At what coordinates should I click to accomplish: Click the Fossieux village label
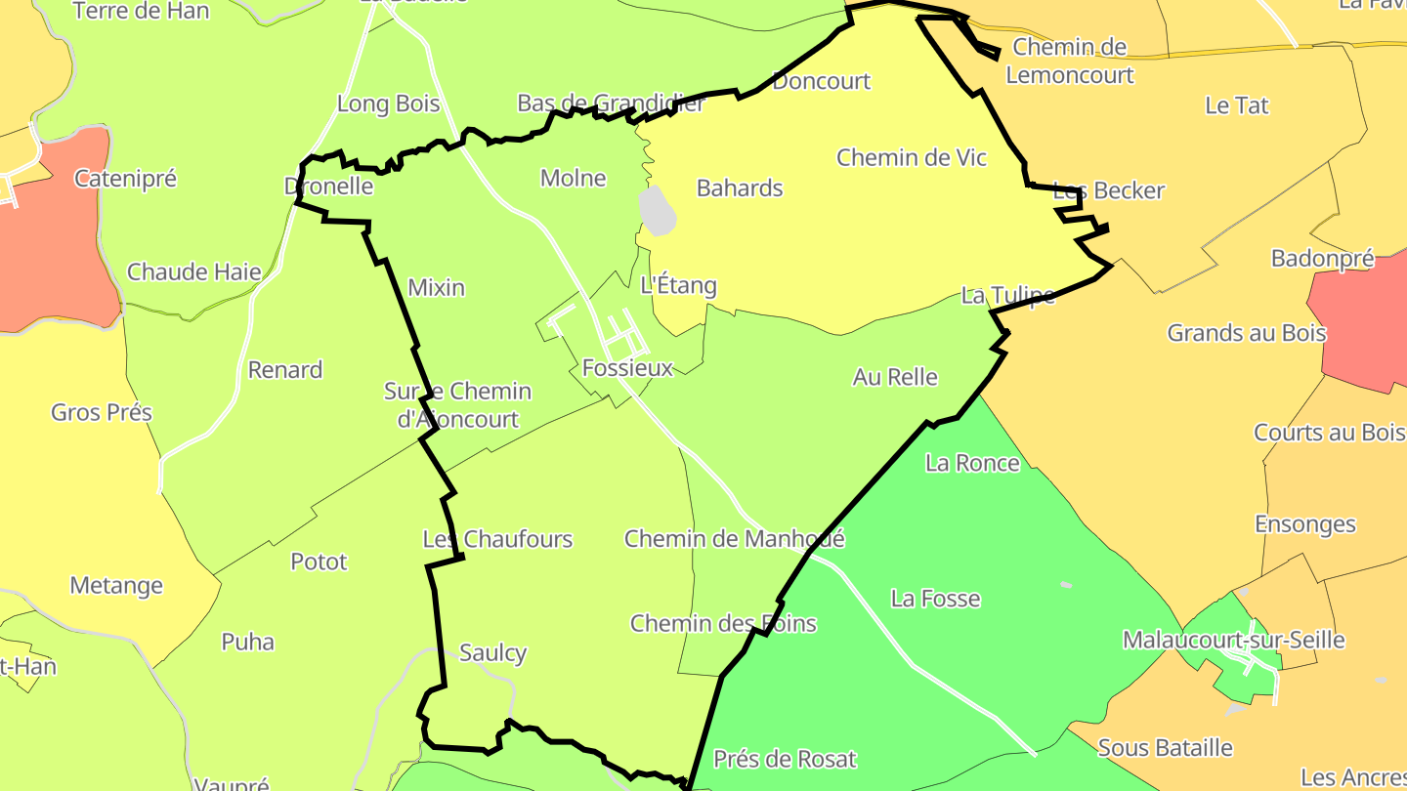627,368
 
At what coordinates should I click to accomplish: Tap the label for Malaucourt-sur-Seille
1233,641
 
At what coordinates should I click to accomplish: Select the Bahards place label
740,188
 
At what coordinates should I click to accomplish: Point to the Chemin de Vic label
912,158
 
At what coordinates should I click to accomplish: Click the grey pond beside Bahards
657,211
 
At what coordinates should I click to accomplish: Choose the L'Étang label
678,286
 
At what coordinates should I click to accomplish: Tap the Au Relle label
895,377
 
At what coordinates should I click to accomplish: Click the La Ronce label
972,463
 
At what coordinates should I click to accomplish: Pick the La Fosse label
935,599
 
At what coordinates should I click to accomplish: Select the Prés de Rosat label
785,759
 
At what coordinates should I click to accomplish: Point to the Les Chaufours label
497,539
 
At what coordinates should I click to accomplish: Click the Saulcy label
492,653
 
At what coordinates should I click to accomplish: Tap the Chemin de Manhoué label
734,539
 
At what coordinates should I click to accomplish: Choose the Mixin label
436,288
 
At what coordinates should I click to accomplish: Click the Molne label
574,179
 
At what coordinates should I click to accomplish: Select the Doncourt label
821,81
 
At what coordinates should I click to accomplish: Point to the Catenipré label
125,179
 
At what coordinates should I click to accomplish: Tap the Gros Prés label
102,412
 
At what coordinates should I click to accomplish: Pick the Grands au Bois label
1247,333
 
